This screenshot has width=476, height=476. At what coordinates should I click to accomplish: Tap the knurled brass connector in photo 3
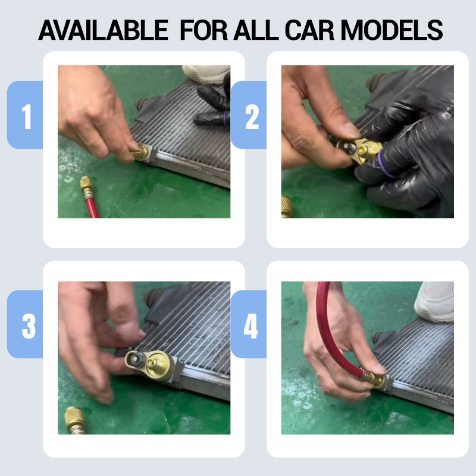75,419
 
